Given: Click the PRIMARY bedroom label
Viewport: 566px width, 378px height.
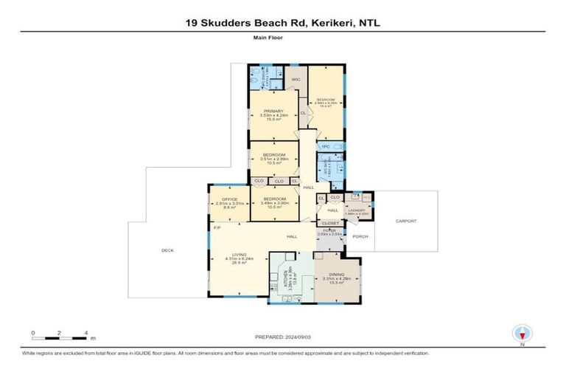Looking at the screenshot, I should pyautogui.click(x=272, y=111).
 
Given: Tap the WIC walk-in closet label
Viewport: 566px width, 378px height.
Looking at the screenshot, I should pyautogui.click(x=296, y=79).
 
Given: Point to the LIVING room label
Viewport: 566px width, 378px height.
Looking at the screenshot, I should pyautogui.click(x=238, y=255).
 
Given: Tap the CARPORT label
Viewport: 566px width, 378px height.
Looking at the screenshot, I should pyautogui.click(x=405, y=221).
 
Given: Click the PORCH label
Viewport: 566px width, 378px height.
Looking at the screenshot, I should pyautogui.click(x=360, y=236).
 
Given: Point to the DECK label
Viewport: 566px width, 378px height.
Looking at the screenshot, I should pyautogui.click(x=167, y=250).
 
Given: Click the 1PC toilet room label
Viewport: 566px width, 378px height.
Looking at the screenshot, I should pyautogui.click(x=325, y=147).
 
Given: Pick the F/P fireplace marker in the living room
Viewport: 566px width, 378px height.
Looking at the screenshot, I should pyautogui.click(x=217, y=228).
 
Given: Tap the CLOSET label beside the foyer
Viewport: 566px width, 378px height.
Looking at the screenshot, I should pyautogui.click(x=329, y=222).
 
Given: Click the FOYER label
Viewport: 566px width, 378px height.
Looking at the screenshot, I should pyautogui.click(x=329, y=230).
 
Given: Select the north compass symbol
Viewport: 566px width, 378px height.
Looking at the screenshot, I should pyautogui.click(x=522, y=333).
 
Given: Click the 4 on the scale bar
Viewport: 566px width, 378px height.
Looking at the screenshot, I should pyautogui.click(x=86, y=332).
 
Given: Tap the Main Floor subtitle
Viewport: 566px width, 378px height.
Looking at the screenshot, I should pyautogui.click(x=283, y=44).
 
